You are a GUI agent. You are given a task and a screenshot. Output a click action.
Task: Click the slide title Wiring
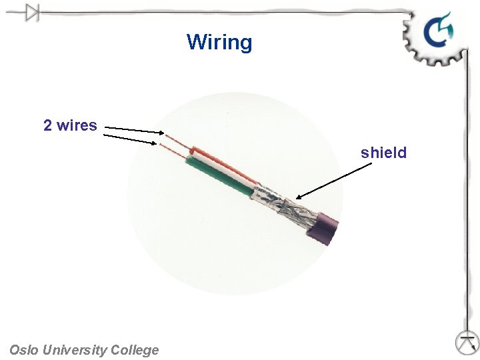click(x=219, y=42)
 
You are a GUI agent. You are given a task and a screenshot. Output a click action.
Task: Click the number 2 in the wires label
click(x=48, y=125)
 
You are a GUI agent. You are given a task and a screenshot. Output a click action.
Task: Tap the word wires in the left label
click(x=77, y=125)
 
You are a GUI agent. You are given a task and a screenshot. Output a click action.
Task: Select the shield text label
click(x=383, y=153)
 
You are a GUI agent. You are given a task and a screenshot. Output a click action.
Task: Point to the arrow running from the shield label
click(x=333, y=180)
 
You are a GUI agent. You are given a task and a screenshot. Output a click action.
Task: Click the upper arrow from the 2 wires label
click(x=133, y=129)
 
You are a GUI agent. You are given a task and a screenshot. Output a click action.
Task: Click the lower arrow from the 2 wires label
click(x=130, y=139)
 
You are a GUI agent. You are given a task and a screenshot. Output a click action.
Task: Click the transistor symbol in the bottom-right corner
click(x=467, y=342)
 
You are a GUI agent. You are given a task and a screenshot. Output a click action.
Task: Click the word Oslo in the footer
click(x=24, y=350)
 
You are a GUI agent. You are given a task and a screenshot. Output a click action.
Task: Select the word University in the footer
click(x=74, y=350)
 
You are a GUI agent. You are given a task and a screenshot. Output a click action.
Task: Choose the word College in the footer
click(x=135, y=350)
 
